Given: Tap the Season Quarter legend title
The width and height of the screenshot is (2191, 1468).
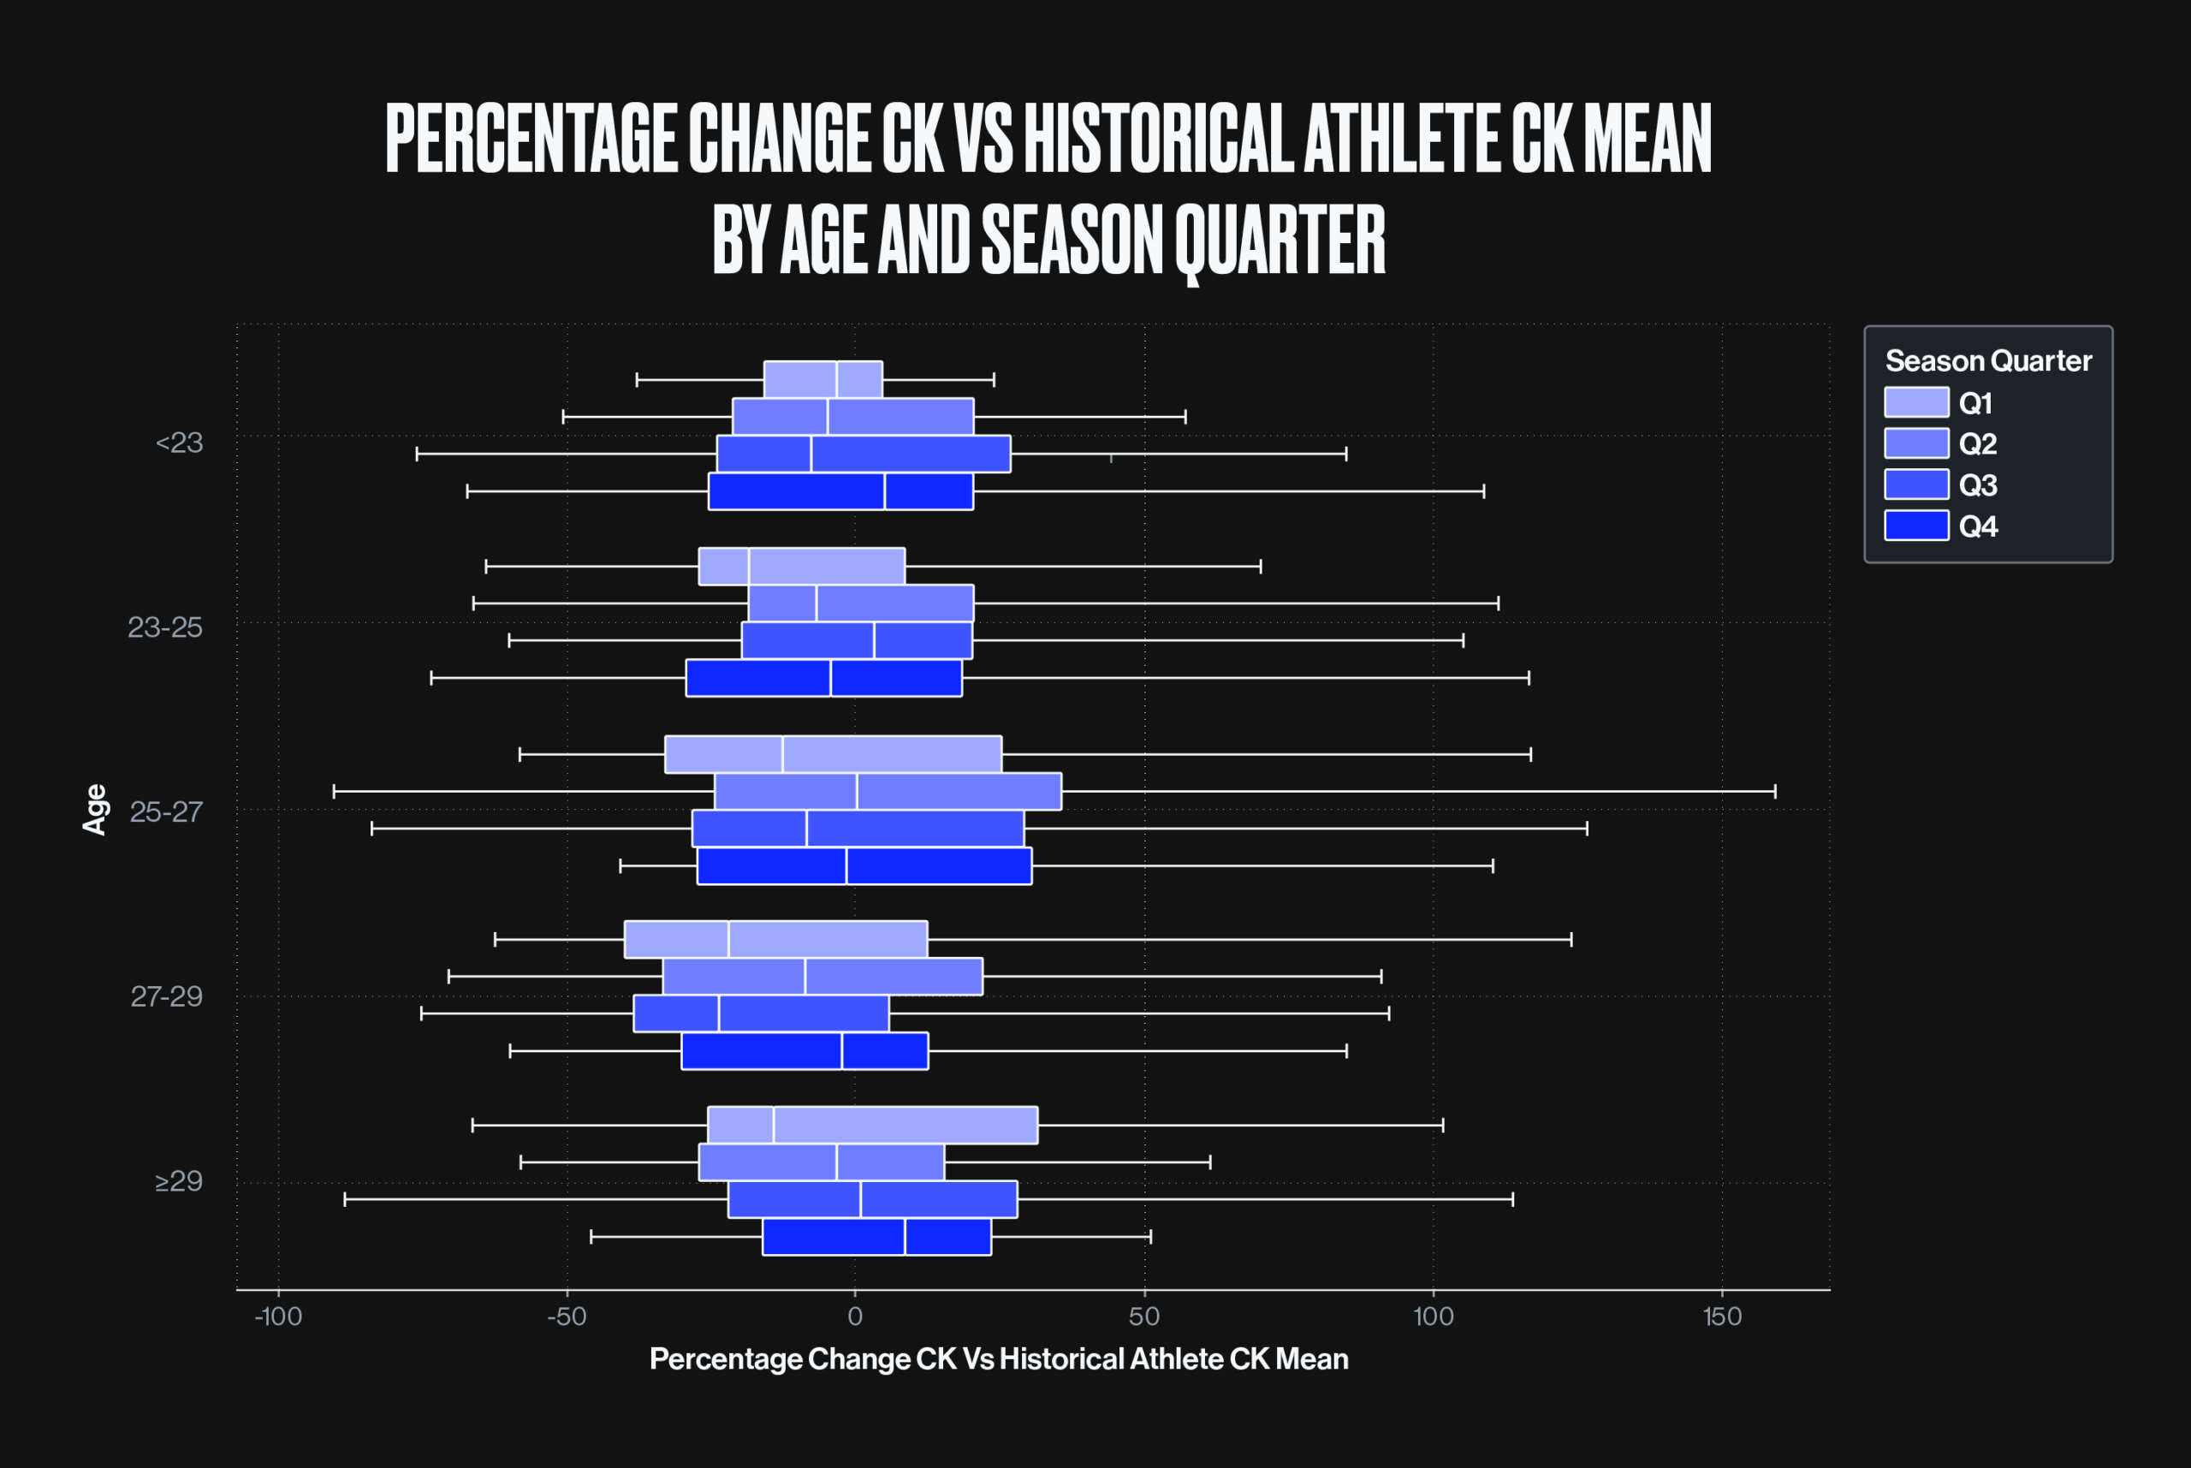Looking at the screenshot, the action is pos(1988,360).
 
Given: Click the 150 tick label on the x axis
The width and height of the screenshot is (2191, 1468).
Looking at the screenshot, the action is pos(1722,1317).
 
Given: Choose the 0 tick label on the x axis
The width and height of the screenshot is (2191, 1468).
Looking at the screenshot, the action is pos(854,1317).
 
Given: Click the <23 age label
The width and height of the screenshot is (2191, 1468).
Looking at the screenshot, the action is pos(179,442).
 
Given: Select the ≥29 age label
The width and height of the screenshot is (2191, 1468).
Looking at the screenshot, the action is pos(179,1181).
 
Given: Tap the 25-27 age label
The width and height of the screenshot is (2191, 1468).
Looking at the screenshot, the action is pos(166,811).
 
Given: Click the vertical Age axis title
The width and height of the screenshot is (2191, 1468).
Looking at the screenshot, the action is pos(94,810).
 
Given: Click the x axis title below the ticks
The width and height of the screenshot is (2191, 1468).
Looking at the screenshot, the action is pos(999,1359).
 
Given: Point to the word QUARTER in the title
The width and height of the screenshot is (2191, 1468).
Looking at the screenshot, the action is pos(1280,241).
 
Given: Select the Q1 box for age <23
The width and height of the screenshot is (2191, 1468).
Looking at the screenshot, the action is pos(822,380).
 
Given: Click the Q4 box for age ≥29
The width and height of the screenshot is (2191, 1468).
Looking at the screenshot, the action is pos(877,1237).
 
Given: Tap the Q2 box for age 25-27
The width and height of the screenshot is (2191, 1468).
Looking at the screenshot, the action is pos(888,792).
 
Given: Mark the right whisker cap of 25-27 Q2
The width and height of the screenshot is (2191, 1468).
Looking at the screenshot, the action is pos(1775,792).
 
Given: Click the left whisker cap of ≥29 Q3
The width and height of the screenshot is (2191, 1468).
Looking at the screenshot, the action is pos(346,1199).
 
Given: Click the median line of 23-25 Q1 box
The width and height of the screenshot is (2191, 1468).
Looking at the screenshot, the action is pos(749,567).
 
